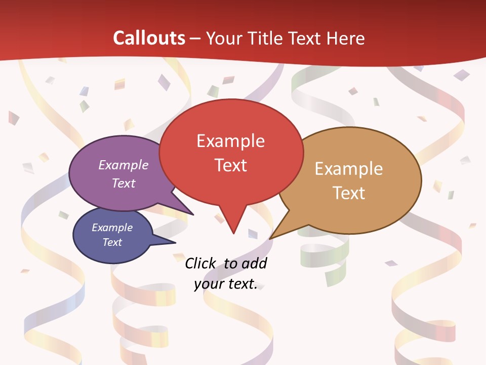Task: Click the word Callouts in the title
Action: click(149, 38)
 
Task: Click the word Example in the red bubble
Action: click(230, 141)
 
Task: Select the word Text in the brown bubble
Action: click(349, 193)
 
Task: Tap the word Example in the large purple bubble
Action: click(124, 165)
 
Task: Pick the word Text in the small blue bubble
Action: click(112, 242)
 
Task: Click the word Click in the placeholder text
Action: click(201, 263)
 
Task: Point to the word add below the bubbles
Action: click(255, 263)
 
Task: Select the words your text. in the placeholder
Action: click(226, 284)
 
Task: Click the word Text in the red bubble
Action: click(231, 165)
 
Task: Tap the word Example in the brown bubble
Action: click(349, 169)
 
